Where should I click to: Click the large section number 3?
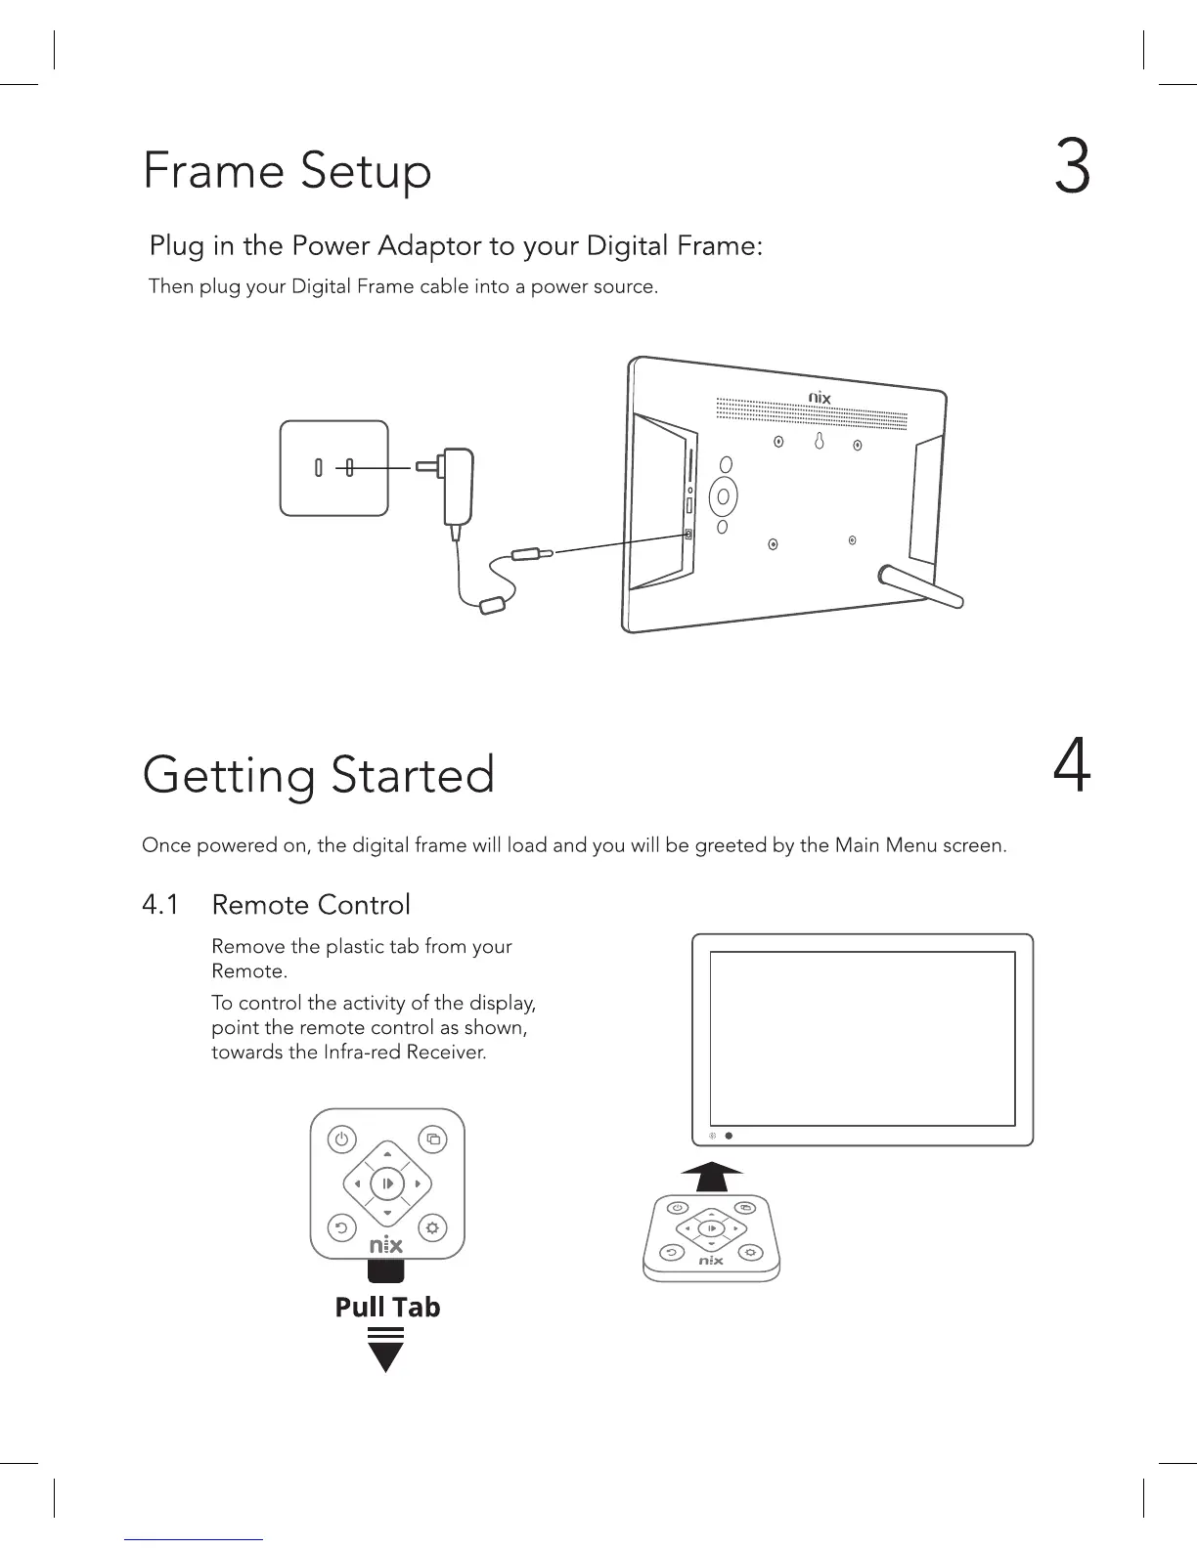[x=1073, y=167]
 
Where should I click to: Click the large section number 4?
[x=1072, y=768]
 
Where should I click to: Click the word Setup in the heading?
[x=366, y=172]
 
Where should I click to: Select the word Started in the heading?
[x=412, y=775]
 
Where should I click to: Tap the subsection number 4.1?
[x=160, y=905]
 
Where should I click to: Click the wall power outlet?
[x=333, y=468]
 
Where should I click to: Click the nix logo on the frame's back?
[x=820, y=398]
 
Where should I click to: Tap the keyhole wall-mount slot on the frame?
[x=819, y=443]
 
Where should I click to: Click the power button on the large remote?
[x=341, y=1139]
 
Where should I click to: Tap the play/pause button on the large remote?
[x=387, y=1183]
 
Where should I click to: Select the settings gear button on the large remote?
[x=433, y=1227]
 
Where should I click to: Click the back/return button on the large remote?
[x=341, y=1227]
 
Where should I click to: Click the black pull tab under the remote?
[x=386, y=1270]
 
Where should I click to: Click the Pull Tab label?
[x=387, y=1308]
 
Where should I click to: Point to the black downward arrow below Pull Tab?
[x=387, y=1354]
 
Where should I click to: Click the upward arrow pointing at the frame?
[x=712, y=1176]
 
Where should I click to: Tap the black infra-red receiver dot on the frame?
[x=730, y=1136]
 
